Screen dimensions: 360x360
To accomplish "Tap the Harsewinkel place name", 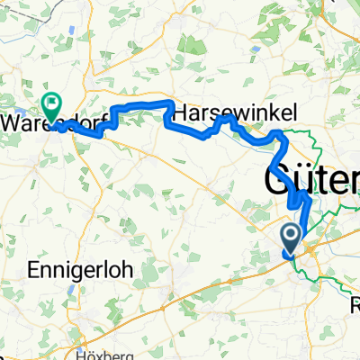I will (221, 113).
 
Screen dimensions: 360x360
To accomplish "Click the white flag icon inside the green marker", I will (52, 103).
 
